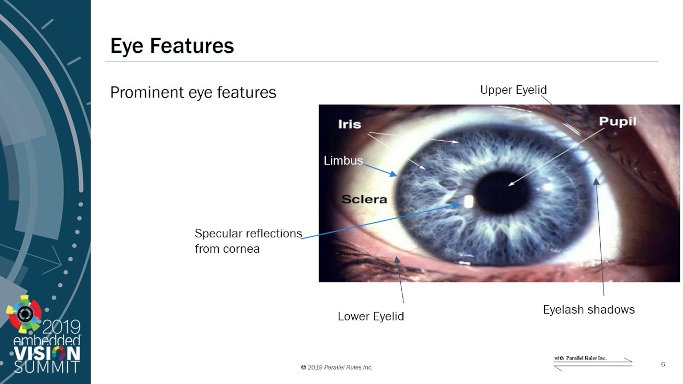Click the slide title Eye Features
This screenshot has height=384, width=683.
coord(172,46)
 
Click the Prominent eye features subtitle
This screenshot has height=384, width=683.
coord(193,92)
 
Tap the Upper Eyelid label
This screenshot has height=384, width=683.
coord(513,90)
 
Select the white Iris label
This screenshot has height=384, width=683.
coord(350,124)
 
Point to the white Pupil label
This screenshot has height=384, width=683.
coord(617,121)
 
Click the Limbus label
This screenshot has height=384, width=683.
coord(343,161)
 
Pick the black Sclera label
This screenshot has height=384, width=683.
coord(364,199)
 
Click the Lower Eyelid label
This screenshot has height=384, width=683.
coord(371,316)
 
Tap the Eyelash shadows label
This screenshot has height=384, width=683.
coord(589,310)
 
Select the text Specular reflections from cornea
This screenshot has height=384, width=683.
coord(248,241)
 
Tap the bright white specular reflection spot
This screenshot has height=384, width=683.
coord(468,202)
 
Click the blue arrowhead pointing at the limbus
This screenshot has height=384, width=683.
coord(393,174)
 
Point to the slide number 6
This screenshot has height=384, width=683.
coord(663,364)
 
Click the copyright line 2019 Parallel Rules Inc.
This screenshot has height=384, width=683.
coord(337,367)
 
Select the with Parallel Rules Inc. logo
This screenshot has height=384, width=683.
coord(593,363)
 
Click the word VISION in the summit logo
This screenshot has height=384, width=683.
coord(47,354)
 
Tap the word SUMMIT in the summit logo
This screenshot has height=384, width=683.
coord(46,367)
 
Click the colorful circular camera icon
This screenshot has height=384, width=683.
coord(24,314)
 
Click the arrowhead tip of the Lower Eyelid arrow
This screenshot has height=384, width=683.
coord(396,257)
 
